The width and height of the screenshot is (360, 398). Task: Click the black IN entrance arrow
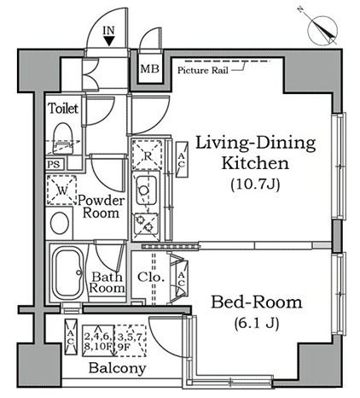109,41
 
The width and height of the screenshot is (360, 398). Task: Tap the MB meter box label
150,68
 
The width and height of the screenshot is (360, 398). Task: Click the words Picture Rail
203,70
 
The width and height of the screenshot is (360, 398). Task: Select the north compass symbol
322,29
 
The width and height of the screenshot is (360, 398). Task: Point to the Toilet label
63,108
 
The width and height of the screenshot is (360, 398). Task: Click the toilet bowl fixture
62,138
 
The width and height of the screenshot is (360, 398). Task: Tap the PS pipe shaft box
55,164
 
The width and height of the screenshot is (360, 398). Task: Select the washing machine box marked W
61,190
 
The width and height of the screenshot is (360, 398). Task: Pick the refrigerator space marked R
148,155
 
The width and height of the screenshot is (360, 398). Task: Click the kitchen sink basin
146,190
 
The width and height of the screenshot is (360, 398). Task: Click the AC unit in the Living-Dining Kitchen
182,160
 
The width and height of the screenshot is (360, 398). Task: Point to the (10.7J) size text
255,184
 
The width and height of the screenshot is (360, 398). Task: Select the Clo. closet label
151,277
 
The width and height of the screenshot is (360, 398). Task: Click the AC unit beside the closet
182,279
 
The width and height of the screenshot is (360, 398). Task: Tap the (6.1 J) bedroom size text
257,323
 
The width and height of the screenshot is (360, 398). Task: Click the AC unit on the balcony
71,337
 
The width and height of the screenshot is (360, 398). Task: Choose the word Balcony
117,368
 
